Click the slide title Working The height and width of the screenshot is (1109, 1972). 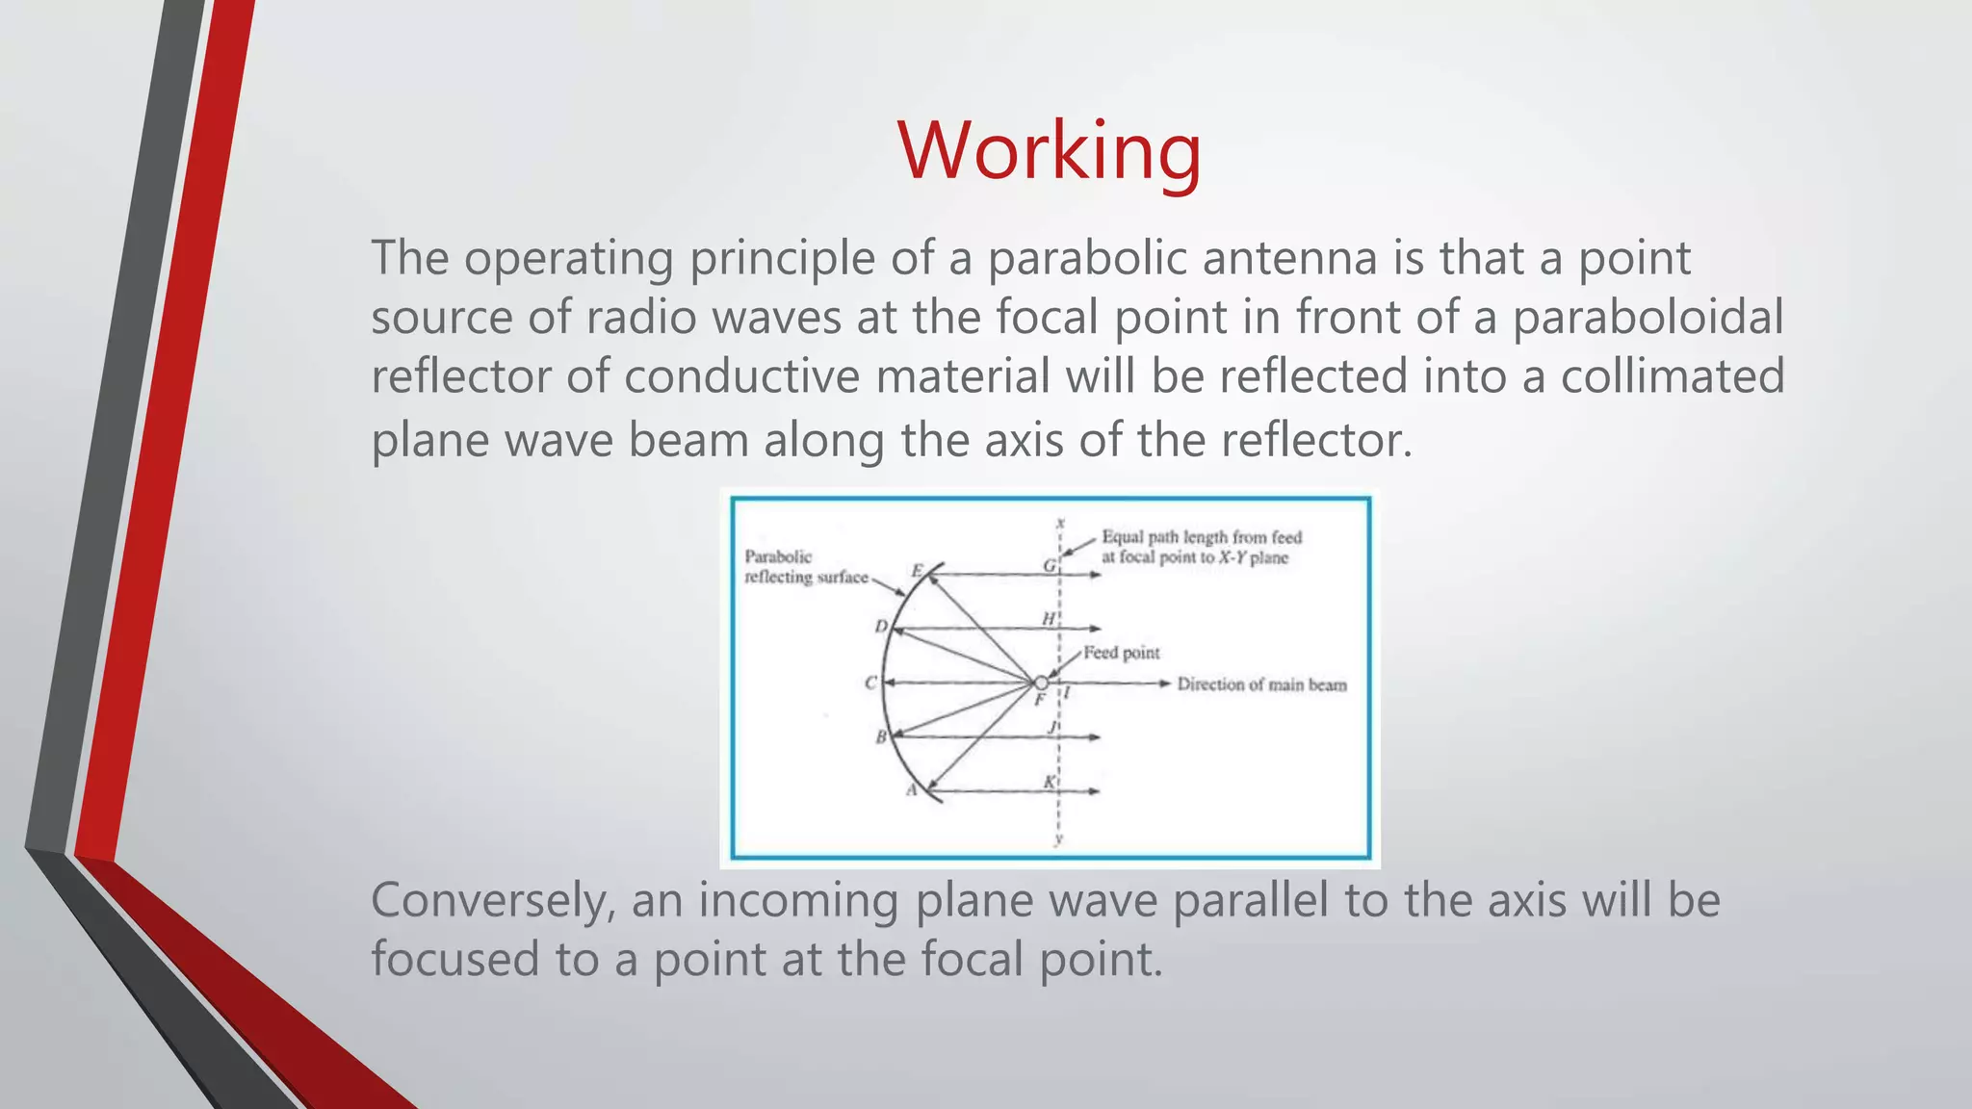(1049, 152)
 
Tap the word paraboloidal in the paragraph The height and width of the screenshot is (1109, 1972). (1648, 318)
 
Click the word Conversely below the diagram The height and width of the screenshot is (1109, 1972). (493, 901)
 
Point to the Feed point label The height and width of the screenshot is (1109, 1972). (1122, 653)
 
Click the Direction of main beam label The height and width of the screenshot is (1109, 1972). (1261, 684)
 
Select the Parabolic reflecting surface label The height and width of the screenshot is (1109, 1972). (805, 567)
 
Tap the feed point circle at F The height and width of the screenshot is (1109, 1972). (1041, 683)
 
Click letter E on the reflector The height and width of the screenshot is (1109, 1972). (918, 571)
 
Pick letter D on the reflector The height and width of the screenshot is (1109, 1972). (881, 627)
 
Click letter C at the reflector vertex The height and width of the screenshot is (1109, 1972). (871, 683)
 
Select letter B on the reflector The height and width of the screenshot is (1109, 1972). (880, 738)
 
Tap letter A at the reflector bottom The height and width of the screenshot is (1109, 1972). (912, 790)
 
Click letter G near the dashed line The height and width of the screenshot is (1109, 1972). (1050, 566)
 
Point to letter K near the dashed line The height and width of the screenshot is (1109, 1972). (1050, 783)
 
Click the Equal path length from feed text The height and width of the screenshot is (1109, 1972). (1202, 537)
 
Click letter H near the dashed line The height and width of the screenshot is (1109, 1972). (1049, 619)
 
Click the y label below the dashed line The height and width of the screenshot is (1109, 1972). (1058, 839)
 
